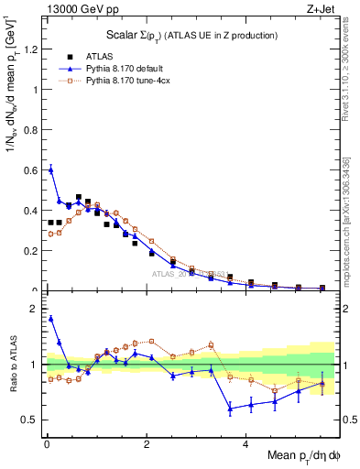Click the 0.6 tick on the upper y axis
pyautogui.click(x=32, y=170)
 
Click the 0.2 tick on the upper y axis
pyautogui.click(x=32, y=251)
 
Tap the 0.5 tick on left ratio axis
pyautogui.click(x=32, y=420)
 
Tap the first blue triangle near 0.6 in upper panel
pyautogui.click(x=50, y=169)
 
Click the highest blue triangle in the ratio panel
pyautogui.click(x=50, y=318)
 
